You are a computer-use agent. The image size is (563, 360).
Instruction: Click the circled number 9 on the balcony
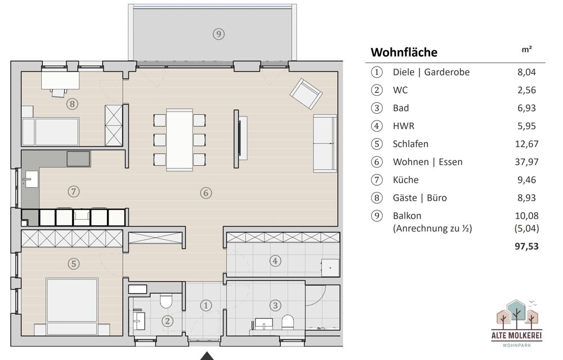[x=218, y=34]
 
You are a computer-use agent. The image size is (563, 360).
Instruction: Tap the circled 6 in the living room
[x=205, y=193]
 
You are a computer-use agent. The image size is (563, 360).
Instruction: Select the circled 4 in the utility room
[x=275, y=261]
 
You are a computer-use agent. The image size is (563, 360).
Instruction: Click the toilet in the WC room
[x=166, y=301]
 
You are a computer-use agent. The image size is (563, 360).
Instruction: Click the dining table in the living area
[x=180, y=139]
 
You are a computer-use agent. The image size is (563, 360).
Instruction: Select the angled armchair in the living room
[x=306, y=94]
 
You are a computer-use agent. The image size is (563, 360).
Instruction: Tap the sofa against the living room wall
[x=325, y=143]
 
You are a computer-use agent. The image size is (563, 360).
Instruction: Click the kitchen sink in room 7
[x=31, y=179]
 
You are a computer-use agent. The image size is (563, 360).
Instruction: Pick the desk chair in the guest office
[x=59, y=92]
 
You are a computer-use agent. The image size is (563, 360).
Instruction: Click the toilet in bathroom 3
[x=288, y=322]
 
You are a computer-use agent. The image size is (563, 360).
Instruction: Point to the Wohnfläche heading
[x=404, y=52]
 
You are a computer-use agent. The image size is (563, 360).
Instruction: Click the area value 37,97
[x=527, y=162]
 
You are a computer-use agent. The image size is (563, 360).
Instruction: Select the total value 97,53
[x=527, y=246]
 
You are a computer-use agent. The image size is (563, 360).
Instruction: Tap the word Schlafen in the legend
[x=410, y=144]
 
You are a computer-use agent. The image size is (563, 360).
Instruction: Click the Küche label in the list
[x=406, y=180]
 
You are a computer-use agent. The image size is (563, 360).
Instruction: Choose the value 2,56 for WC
[x=527, y=90]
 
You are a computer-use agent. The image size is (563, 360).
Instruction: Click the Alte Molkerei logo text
[x=517, y=336]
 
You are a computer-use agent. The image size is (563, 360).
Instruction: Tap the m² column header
[x=527, y=50]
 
